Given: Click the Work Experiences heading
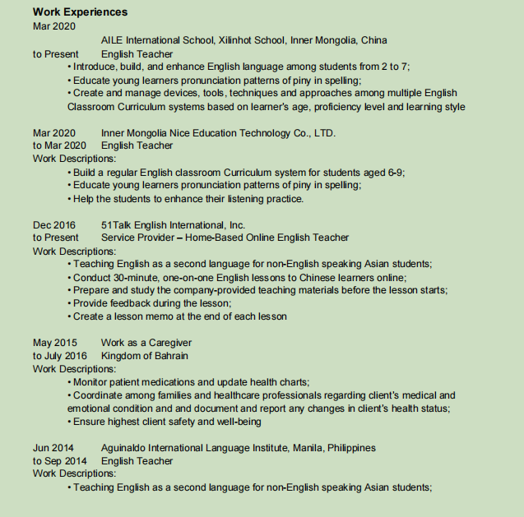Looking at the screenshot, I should (80, 12).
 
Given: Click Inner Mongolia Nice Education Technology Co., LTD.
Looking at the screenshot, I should (218, 132).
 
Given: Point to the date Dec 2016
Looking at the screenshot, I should (53, 224).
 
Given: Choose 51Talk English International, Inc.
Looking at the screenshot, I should (173, 224).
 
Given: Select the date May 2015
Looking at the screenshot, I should (54, 343).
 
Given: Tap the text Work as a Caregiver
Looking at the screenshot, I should (146, 343).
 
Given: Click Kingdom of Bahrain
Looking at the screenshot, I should (145, 356).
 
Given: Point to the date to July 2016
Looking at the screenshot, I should (59, 356).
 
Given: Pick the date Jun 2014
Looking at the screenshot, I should (53, 448).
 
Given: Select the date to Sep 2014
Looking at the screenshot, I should (59, 461).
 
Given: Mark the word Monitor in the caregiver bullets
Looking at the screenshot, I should (92, 382).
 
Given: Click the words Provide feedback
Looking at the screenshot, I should (109, 303).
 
